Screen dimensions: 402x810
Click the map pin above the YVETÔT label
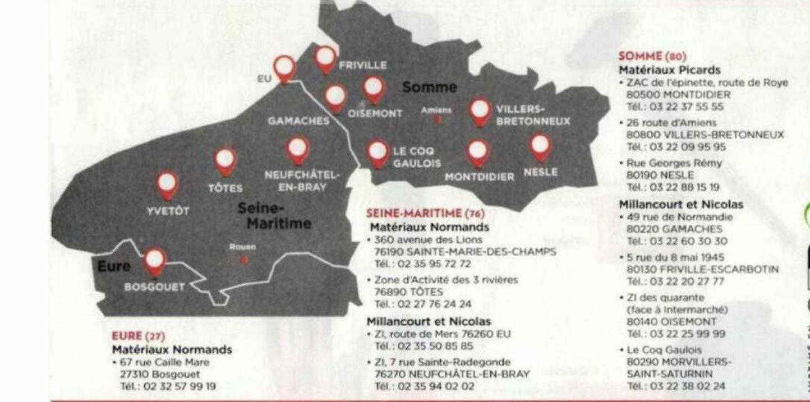click(x=167, y=184)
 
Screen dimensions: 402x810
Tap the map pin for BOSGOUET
click(x=155, y=260)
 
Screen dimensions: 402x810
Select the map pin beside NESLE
click(x=540, y=145)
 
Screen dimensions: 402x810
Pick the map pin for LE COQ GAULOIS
click(x=378, y=152)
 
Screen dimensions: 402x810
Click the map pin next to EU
click(x=286, y=67)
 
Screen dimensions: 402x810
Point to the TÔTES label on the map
click(x=225, y=188)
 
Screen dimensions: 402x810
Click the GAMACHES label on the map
click(x=298, y=121)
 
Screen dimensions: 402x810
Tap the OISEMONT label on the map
click(x=375, y=113)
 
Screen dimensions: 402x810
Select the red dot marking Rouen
click(x=243, y=260)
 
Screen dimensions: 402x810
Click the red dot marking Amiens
click(x=438, y=119)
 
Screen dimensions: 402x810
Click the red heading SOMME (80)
click(x=652, y=56)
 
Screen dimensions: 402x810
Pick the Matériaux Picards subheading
click(x=661, y=71)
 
